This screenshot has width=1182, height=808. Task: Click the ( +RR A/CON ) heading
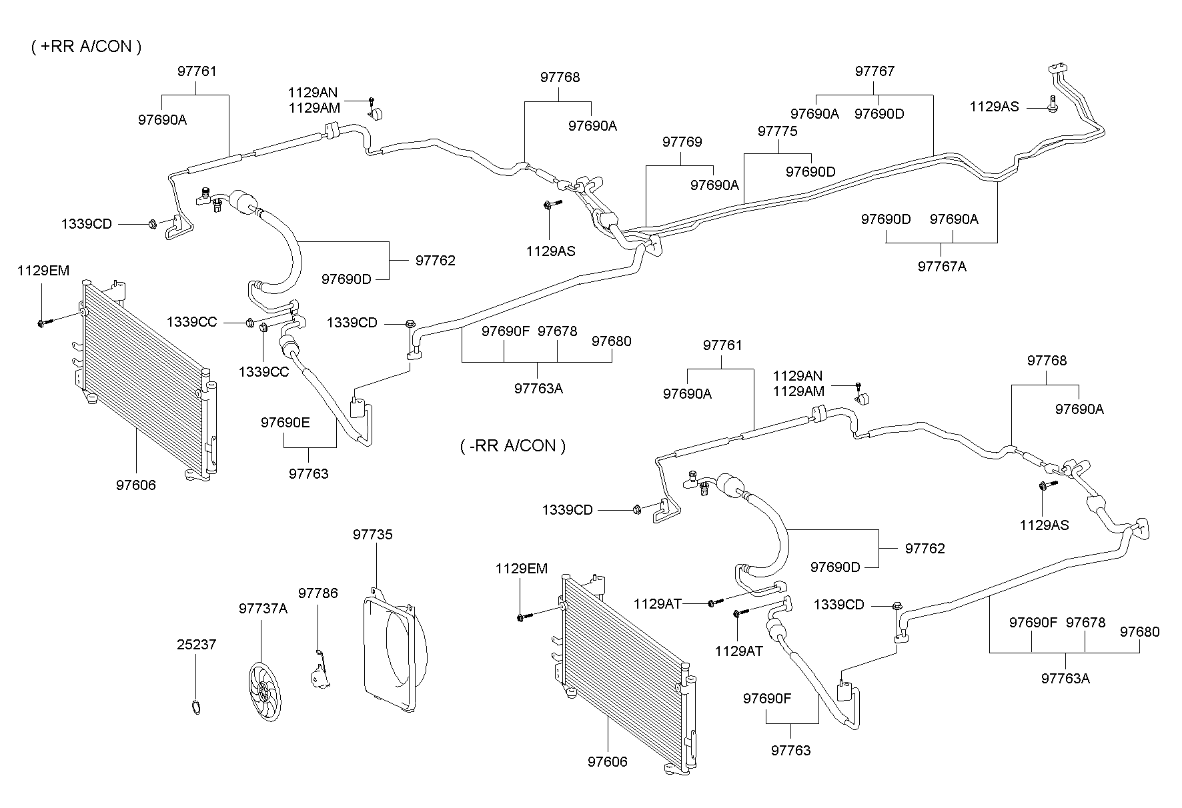coord(86,46)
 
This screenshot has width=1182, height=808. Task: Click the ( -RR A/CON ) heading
coord(512,445)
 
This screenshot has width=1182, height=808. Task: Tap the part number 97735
coord(373,535)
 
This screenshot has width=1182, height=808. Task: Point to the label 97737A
coord(263,608)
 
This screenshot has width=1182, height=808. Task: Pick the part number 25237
coord(197,645)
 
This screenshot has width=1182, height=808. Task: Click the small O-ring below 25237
coord(195,707)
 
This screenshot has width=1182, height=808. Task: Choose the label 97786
coord(318,593)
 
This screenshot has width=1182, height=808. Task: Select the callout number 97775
coord(777,131)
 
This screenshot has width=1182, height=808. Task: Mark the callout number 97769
coord(682,141)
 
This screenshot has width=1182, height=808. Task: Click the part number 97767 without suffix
coord(874,71)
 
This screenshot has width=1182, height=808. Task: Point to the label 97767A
coord(942,266)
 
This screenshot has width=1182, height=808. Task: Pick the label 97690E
coord(285,422)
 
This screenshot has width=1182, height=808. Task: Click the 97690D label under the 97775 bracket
coord(810,171)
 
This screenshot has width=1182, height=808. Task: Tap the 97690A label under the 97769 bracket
coord(714,185)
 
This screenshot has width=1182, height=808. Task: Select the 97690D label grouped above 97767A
coord(885,219)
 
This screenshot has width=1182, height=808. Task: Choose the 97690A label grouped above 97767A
coord(954,219)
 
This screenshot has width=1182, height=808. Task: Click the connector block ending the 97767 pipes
coord(1058,68)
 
